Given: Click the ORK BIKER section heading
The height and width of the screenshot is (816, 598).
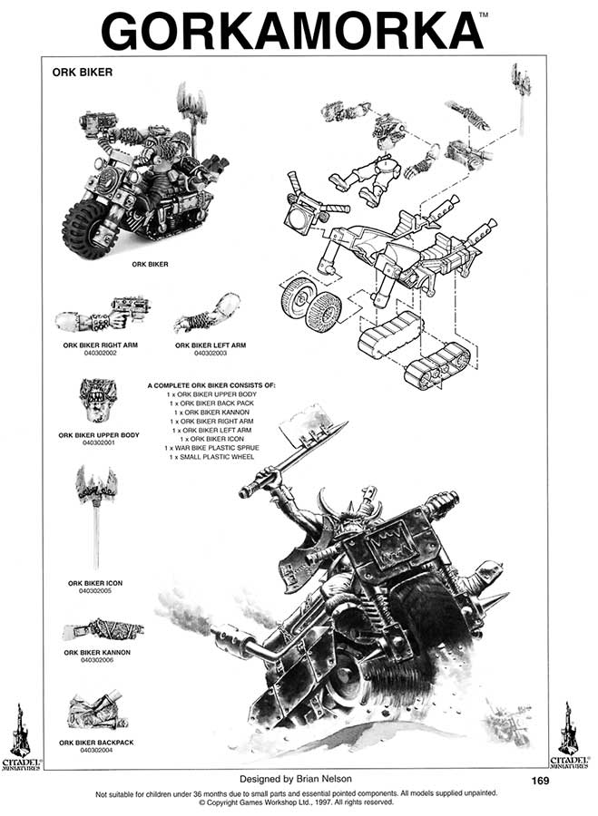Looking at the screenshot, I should click(x=82, y=73).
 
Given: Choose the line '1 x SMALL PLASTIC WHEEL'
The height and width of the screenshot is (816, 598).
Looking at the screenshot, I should click(x=211, y=457).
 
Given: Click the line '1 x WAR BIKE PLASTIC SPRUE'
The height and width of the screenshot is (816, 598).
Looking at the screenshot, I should click(x=211, y=448).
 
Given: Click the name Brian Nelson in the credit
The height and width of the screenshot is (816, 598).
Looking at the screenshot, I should click(x=325, y=779).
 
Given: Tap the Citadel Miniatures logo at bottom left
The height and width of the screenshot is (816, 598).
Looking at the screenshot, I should click(x=20, y=734).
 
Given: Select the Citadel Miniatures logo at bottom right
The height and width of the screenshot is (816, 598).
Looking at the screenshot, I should click(x=570, y=734).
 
